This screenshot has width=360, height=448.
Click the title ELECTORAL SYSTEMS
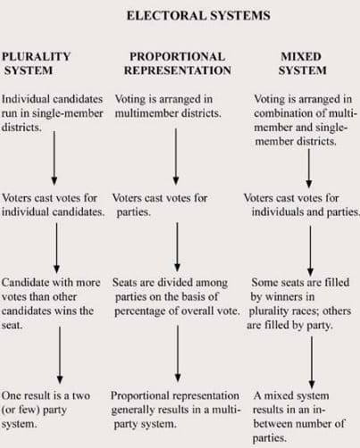198,15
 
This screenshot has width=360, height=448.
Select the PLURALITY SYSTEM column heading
37,63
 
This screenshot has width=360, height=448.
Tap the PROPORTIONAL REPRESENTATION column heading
178,63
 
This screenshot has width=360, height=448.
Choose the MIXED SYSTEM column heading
302,63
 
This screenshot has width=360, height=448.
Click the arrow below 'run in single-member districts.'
54,158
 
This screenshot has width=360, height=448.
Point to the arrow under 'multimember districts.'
176,156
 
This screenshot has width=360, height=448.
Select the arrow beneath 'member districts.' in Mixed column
309,168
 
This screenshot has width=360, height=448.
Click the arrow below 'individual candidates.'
56,248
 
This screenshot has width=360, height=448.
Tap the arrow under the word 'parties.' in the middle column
178,246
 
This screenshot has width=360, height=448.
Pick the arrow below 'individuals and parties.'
310,251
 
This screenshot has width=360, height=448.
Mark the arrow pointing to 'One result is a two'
60,355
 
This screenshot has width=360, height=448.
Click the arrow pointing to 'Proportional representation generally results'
178,353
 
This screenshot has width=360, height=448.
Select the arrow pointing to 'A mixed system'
312,362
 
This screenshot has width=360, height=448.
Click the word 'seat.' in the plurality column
12,325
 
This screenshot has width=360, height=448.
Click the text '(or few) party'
34,411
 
